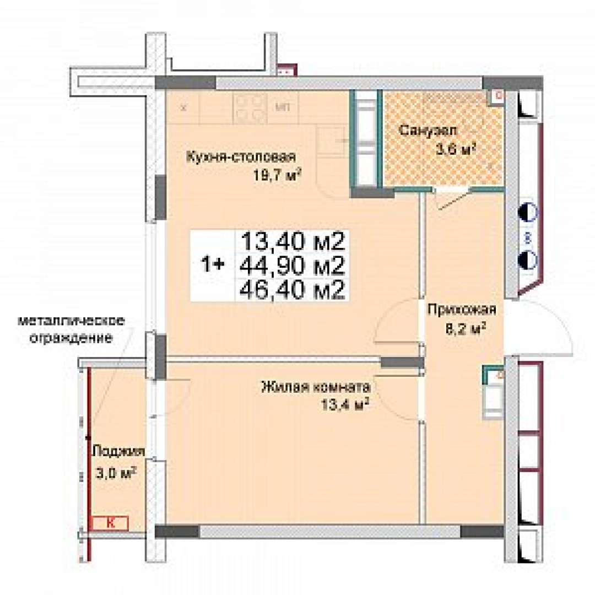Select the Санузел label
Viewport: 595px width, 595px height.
pyautogui.click(x=428, y=131)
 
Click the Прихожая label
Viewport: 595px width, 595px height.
pyautogui.click(x=462, y=310)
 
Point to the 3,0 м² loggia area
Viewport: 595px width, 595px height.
pyautogui.click(x=115, y=473)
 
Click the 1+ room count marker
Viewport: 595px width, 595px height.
pyautogui.click(x=212, y=265)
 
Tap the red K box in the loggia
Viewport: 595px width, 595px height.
pyautogui.click(x=110, y=523)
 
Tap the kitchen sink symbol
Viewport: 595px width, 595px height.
pyautogui.click(x=332, y=140)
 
